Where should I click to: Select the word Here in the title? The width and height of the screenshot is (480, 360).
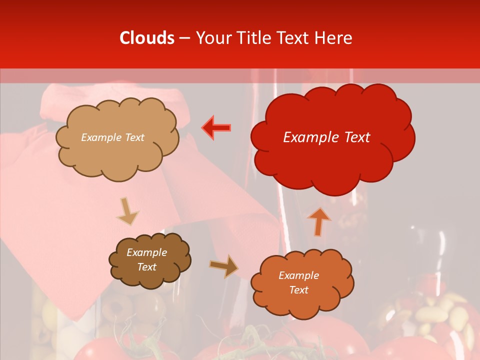[334, 38]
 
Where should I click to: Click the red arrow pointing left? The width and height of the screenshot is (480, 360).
[216, 127]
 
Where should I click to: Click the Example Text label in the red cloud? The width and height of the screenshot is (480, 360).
[326, 137]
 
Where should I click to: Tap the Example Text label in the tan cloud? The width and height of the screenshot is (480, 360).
[112, 137]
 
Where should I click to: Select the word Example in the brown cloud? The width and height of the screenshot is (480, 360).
[146, 252]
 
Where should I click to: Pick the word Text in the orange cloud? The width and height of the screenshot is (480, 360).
[298, 290]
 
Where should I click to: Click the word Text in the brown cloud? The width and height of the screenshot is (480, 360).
[146, 267]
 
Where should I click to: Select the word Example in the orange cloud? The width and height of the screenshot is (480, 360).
[298, 275]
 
